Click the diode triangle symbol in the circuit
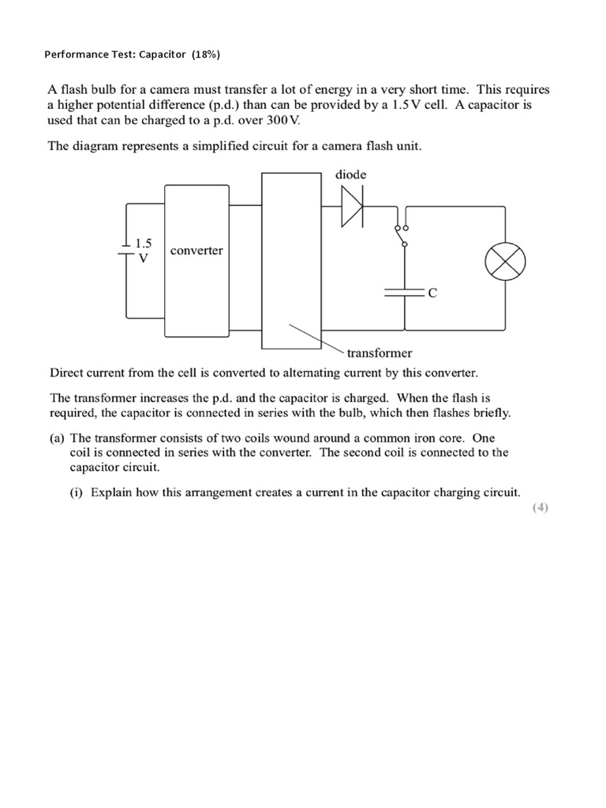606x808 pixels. (353, 207)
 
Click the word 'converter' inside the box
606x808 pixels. (196, 251)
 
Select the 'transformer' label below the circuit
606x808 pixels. (380, 353)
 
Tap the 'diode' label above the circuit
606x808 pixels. (350, 174)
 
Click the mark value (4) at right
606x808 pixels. (540, 507)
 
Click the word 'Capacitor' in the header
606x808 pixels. (160, 54)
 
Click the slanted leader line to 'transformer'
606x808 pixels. (315, 336)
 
